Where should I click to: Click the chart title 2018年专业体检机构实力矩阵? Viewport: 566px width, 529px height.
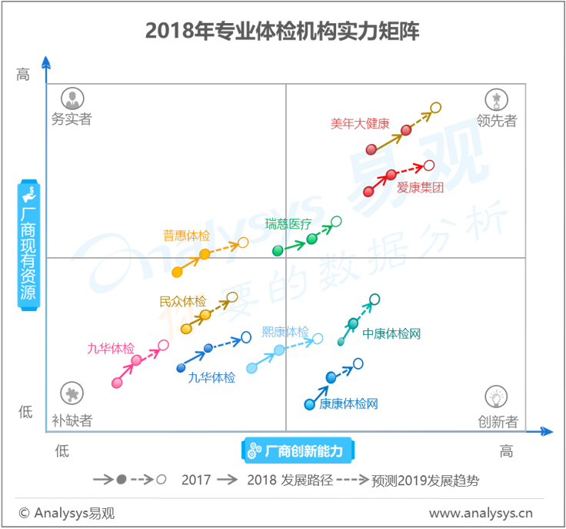coord(282,31)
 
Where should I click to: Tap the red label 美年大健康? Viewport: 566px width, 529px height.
coord(360,123)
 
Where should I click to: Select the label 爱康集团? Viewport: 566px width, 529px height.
coord(420,187)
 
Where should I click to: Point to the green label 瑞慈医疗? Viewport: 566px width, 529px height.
coord(288,224)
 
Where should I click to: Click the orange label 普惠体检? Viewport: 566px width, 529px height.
coord(185,236)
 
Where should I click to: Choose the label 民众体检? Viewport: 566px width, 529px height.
coord(182,301)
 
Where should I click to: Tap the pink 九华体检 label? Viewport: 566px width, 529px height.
coord(110,348)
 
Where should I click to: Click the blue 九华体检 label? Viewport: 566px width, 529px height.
coord(211,377)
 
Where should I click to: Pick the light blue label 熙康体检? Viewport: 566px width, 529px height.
coord(285,332)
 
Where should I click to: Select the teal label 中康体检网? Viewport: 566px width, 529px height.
coord(391,333)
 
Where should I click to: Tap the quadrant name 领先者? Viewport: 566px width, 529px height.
coord(496,120)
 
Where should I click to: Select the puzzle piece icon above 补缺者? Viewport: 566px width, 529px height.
coord(72,394)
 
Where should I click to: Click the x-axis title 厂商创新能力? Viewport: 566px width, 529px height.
coord(299,450)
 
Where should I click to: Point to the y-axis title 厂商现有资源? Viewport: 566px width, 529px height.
coord(28,246)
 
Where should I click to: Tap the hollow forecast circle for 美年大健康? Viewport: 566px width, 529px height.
coord(435,108)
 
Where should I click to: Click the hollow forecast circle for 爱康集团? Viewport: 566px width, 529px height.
coord(429,165)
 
